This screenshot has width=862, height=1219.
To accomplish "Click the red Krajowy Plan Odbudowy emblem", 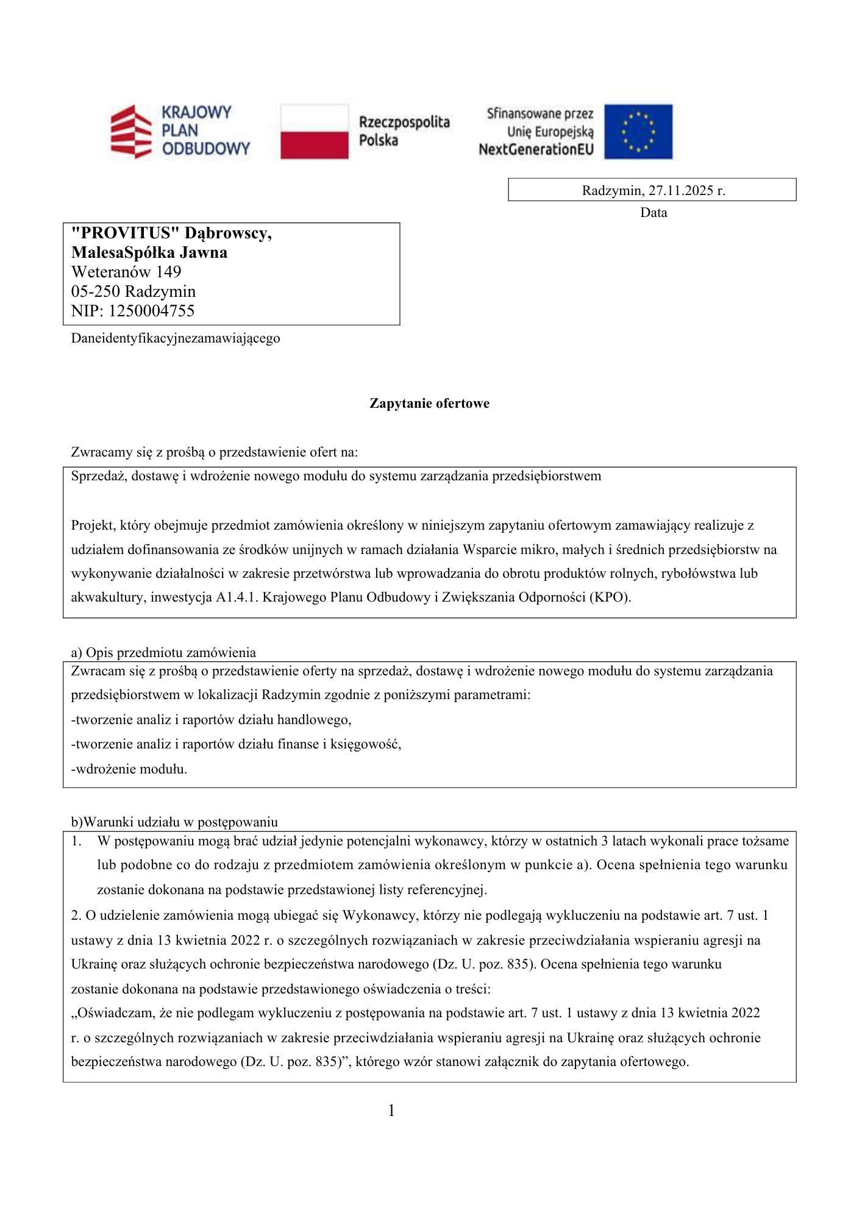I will click(130, 131).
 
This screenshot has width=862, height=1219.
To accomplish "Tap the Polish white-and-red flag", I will click(314, 131).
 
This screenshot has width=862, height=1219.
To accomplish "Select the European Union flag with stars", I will click(638, 131).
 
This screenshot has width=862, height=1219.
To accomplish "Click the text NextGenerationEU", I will click(536, 149).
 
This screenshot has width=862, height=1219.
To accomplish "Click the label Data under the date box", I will click(653, 213).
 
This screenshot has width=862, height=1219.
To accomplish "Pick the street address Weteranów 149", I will click(126, 272).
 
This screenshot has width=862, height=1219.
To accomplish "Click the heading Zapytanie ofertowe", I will click(429, 403).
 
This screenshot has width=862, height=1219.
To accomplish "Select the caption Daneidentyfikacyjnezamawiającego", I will click(176, 338).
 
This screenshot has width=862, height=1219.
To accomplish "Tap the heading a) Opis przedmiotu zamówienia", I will click(163, 653).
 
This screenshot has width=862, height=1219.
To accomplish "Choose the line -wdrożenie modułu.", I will click(129, 769).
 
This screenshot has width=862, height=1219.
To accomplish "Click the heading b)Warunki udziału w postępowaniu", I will click(174, 822).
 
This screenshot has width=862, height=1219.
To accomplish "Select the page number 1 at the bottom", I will click(391, 1111).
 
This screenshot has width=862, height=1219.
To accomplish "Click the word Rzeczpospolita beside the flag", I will click(404, 122).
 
